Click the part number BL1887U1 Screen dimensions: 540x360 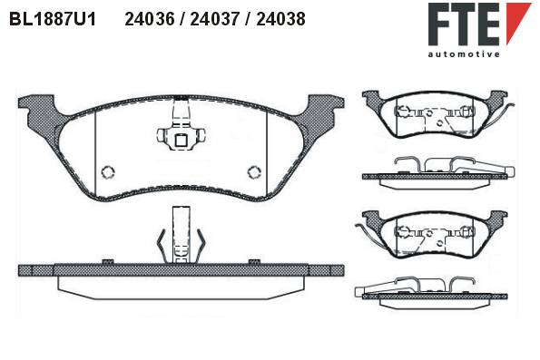click(x=53, y=19)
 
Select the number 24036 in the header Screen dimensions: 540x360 click(x=150, y=19)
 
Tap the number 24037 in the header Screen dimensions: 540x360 click(x=214, y=19)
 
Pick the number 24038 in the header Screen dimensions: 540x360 click(x=280, y=19)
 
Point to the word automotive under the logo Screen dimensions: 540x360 click(x=464, y=54)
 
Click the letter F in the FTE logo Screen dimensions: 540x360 click(x=440, y=24)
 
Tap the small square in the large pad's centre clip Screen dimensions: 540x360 click(x=181, y=141)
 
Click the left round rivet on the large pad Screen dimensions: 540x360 click(x=108, y=172)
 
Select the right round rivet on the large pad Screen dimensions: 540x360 click(x=254, y=172)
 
